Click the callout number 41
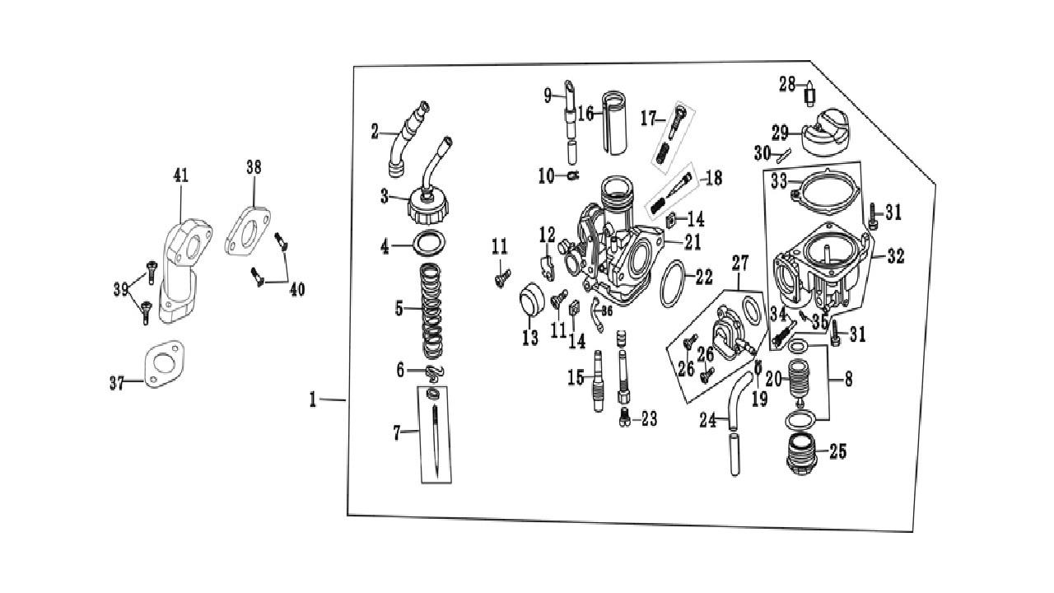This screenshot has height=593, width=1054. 180,175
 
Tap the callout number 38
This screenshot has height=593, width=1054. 254,167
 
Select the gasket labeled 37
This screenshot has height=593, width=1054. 165,363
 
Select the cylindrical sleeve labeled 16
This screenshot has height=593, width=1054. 615,119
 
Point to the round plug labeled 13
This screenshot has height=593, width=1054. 529,301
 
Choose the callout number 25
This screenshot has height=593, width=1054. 838,451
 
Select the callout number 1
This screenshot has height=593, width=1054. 313,399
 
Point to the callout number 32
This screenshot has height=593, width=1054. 895,256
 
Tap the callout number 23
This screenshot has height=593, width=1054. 649,419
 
